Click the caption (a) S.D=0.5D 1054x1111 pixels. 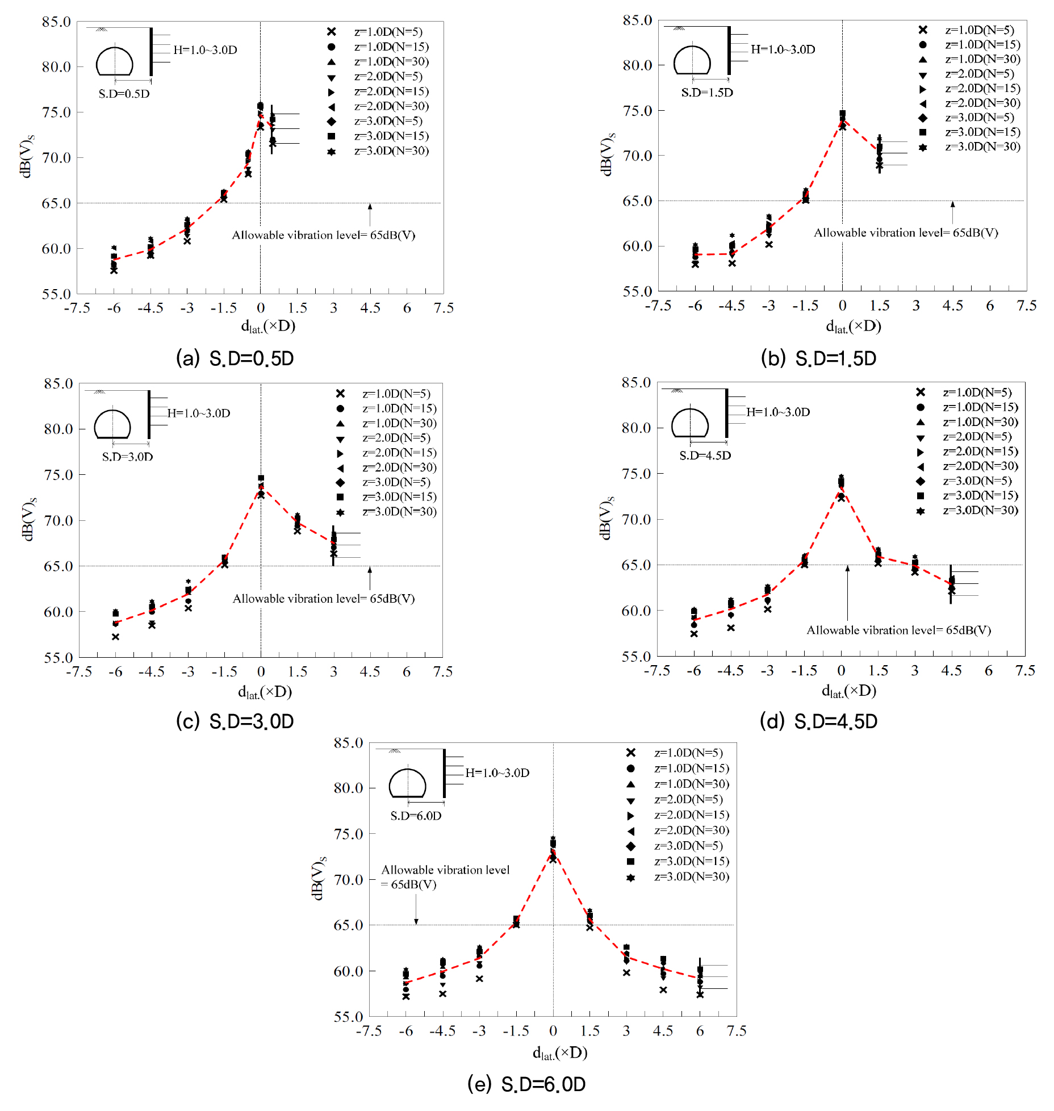(x=235, y=358)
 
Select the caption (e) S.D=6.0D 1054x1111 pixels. (x=526, y=1084)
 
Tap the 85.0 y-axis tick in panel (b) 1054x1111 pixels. (x=637, y=20)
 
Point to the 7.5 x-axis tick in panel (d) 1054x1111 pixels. (x=1025, y=671)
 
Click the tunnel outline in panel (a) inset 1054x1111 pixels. (x=115, y=62)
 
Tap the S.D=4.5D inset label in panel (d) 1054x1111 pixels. (x=705, y=456)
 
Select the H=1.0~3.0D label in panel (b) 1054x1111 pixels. (x=783, y=49)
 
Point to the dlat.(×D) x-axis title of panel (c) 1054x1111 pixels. (x=265, y=692)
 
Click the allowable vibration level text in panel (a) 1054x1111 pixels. (x=323, y=235)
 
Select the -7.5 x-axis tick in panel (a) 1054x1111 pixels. (x=77, y=308)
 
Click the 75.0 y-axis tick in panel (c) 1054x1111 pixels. (x=58, y=475)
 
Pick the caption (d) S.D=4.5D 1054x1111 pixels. (x=818, y=721)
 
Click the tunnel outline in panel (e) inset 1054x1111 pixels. (x=407, y=783)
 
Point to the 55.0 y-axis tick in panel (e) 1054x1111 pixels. (x=348, y=1016)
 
